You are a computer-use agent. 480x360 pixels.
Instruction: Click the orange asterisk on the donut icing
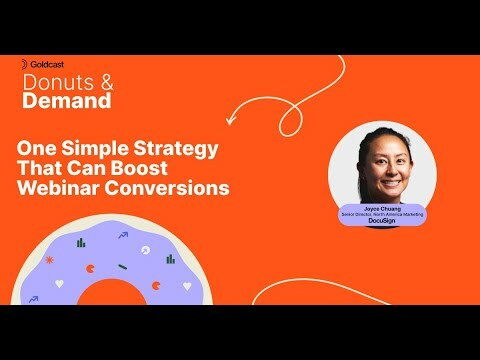coord(49,260)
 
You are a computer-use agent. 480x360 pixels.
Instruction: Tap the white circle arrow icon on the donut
coord(146,249)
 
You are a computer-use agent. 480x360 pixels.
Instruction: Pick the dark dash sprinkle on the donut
coord(122,266)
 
